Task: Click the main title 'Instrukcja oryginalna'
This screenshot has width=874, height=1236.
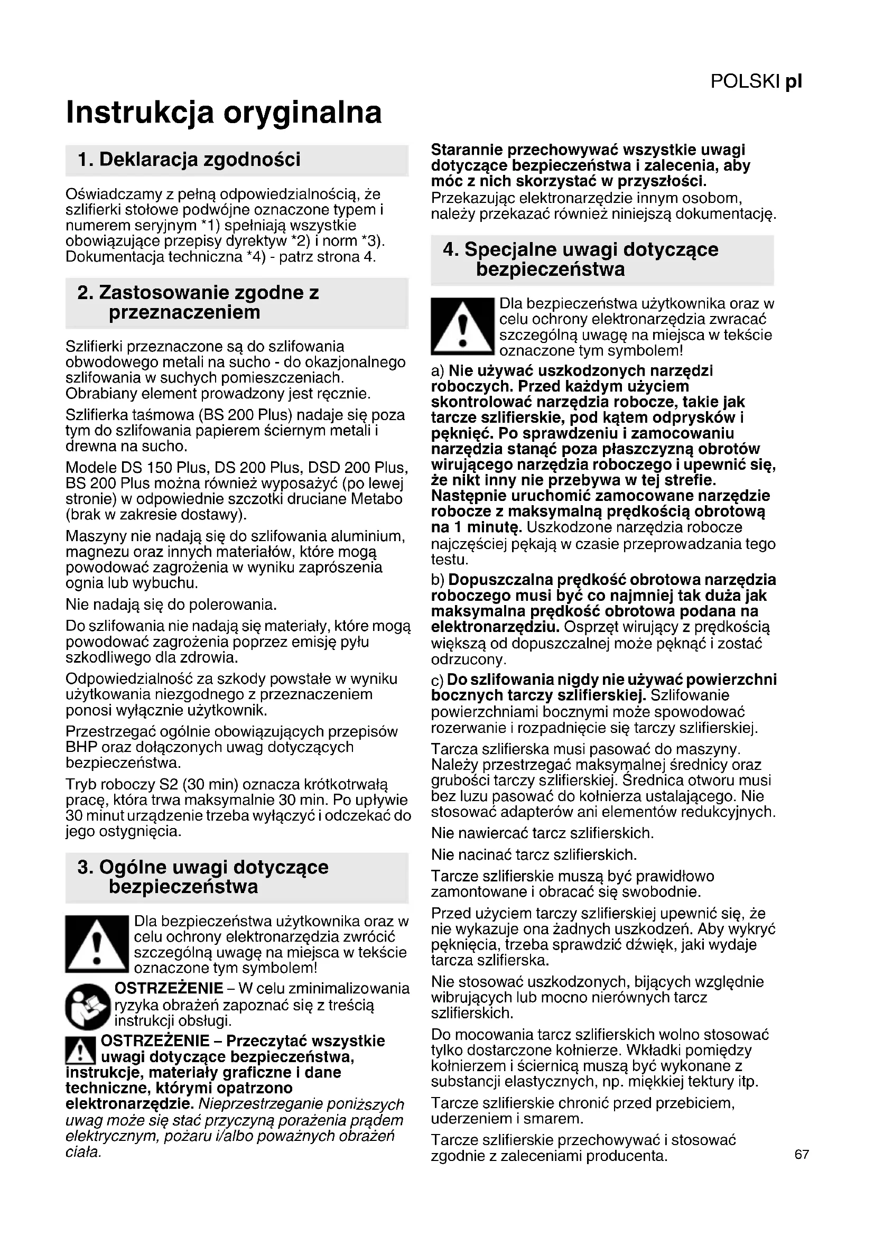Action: pos(224,112)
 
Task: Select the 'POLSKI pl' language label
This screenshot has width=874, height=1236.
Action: pos(756,81)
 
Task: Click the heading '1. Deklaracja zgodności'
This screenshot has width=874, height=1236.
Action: pos(189,160)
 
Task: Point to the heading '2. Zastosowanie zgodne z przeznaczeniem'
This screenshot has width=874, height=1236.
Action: pos(198,303)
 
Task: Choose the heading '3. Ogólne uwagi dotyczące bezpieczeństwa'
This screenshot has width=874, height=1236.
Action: pos(202,877)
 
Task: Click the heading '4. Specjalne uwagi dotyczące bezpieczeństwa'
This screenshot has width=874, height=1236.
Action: pos(580,259)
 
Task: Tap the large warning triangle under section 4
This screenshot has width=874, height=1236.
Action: pos(462,326)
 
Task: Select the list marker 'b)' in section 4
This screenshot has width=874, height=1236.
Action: pos(438,580)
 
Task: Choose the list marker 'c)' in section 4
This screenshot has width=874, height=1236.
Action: pos(438,681)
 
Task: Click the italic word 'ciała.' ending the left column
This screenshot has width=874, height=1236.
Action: pos(83,1153)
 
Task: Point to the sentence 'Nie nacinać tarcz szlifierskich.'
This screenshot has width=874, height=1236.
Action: pos(534,854)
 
